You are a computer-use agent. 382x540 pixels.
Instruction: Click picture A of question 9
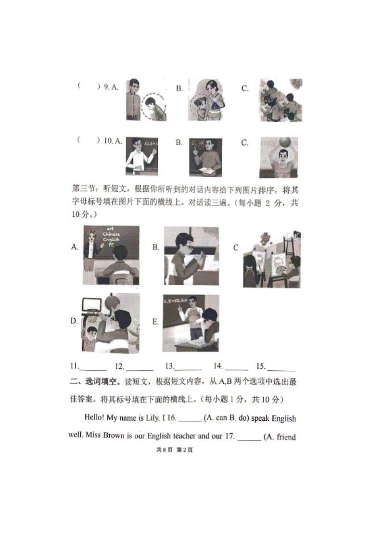[x=146, y=100]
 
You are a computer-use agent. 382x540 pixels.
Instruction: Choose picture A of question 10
[x=141, y=156]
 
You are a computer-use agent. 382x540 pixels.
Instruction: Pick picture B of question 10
[x=205, y=157]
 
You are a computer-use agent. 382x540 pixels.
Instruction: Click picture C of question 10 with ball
[x=278, y=157]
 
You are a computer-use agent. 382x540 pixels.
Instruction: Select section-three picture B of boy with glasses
[x=191, y=256]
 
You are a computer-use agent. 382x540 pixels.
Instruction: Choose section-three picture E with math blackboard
[x=191, y=323]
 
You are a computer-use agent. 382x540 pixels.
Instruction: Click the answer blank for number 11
[x=95, y=368]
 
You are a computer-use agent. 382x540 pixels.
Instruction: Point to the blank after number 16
[x=190, y=419]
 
